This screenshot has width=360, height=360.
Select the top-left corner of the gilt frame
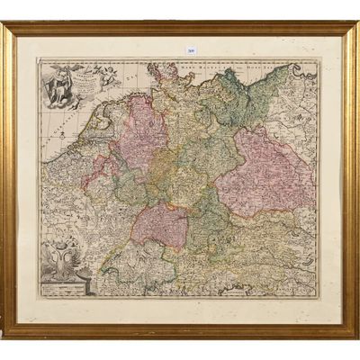(5, 25)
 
